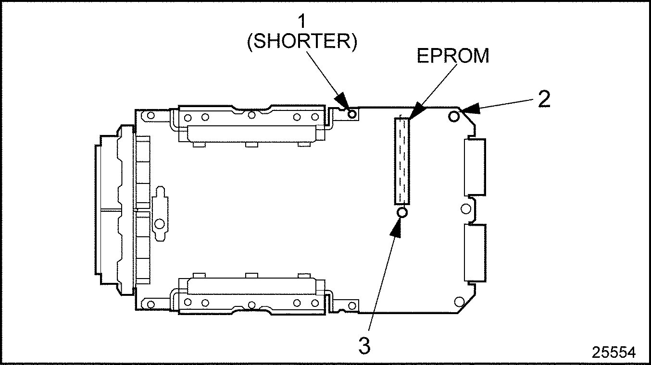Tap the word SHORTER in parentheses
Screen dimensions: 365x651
[x=301, y=42]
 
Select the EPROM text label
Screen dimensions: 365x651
[x=452, y=56]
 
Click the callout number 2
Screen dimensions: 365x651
[x=544, y=99]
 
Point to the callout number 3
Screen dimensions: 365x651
[x=365, y=346]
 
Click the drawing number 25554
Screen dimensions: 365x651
[x=613, y=353]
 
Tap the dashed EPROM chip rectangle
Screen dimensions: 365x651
[x=402, y=160]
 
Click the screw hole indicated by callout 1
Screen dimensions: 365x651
[x=352, y=114]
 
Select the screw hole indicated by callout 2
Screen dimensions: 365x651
[x=453, y=116]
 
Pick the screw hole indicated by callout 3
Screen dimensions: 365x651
[x=402, y=212]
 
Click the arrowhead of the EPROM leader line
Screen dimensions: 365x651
[x=413, y=113]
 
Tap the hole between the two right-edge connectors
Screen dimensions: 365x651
[x=465, y=209]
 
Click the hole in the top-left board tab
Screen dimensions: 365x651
[x=151, y=116]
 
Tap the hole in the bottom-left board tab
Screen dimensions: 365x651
[x=151, y=304]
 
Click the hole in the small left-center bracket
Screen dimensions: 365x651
[x=159, y=223]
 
